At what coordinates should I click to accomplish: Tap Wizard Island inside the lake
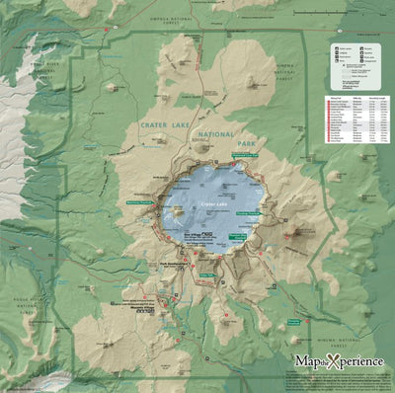[176, 209]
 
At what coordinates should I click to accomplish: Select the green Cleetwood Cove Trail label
[245, 156]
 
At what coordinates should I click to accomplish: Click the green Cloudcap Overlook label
[253, 210]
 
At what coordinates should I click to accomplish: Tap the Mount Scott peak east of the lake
[297, 235]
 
